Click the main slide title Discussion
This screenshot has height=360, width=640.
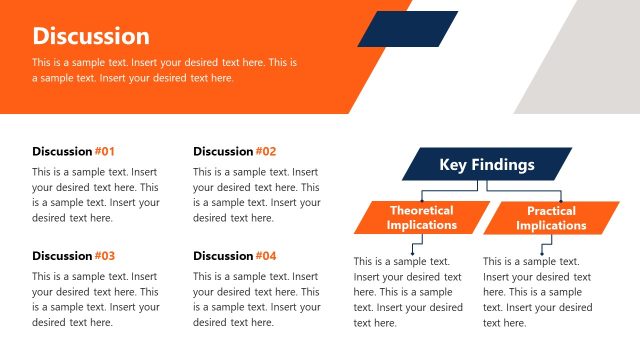(91, 36)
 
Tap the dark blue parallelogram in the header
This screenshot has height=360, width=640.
(407, 29)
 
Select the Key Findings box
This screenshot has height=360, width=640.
(487, 165)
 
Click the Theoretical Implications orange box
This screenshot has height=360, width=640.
(421, 218)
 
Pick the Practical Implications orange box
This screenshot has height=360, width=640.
(551, 218)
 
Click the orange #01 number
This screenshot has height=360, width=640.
(105, 152)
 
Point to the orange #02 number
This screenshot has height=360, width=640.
(265, 152)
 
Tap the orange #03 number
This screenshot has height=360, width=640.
(105, 256)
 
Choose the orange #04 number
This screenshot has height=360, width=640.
(265, 256)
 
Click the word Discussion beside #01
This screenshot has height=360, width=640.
(62, 152)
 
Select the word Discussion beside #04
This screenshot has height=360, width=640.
(223, 256)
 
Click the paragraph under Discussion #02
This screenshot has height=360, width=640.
(256, 195)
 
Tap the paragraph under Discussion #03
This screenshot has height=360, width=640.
(96, 299)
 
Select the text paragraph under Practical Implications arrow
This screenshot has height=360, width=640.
(533, 292)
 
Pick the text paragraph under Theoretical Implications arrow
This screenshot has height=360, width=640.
(408, 292)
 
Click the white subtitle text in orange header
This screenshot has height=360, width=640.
(165, 70)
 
